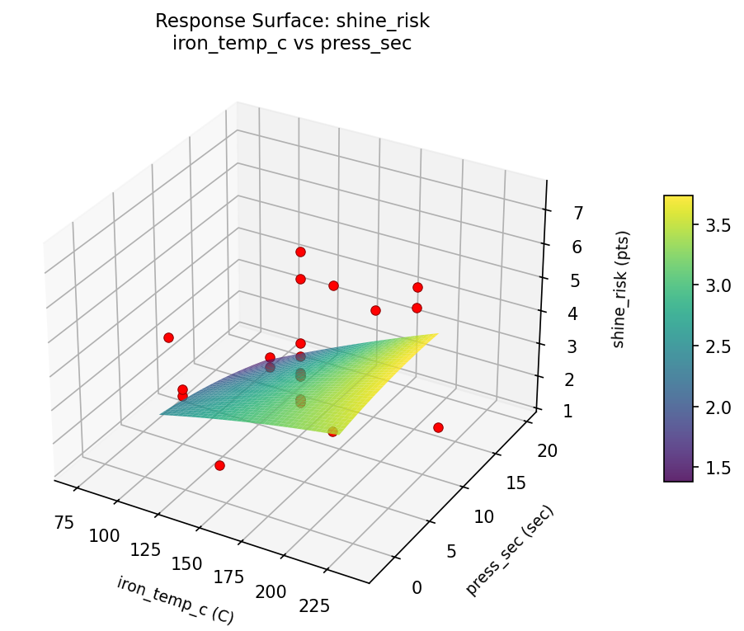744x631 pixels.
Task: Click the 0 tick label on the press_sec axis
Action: tap(417, 586)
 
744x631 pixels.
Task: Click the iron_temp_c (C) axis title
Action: tap(175, 600)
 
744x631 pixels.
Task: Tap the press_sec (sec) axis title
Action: tap(510, 550)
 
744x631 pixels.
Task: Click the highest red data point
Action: tap(300, 252)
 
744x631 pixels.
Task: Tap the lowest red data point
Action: tap(219, 465)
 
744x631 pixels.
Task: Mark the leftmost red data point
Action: tap(168, 337)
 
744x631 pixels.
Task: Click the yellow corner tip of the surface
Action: tap(437, 333)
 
